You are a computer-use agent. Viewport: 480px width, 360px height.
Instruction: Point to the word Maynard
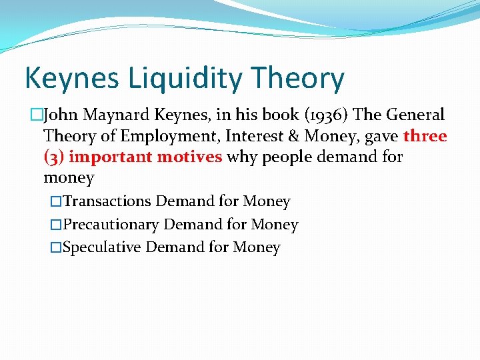(115, 115)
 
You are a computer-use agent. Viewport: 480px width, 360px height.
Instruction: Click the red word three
(425, 136)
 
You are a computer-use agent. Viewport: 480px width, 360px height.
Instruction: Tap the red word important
(111, 157)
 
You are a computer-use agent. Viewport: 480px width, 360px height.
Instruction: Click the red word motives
(190, 157)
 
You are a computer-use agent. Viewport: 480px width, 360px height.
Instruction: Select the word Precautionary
(111, 225)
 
